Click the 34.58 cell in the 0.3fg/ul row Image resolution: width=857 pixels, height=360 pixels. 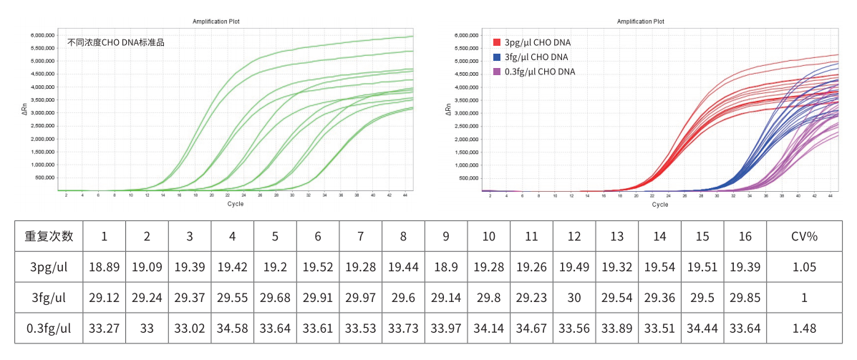232,329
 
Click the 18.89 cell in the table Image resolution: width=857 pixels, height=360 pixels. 104,267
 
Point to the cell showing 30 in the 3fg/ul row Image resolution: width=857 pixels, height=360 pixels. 573,298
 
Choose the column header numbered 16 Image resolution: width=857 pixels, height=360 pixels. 745,235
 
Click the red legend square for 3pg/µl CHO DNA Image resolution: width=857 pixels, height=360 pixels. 497,42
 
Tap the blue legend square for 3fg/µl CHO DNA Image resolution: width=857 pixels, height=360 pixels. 497,57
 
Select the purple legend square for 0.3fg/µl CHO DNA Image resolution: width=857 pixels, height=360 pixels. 497,72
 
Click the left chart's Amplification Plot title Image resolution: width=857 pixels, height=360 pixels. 216,22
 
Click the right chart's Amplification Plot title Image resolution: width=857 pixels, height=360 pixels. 641,22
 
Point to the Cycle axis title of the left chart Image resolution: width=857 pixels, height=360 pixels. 236,204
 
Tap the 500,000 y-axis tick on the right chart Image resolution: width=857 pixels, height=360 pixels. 466,178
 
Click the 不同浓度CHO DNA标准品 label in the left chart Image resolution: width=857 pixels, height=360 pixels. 116,42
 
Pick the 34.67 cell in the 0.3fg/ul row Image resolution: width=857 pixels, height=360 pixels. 531,329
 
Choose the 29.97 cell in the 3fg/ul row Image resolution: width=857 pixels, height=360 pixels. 360,298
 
